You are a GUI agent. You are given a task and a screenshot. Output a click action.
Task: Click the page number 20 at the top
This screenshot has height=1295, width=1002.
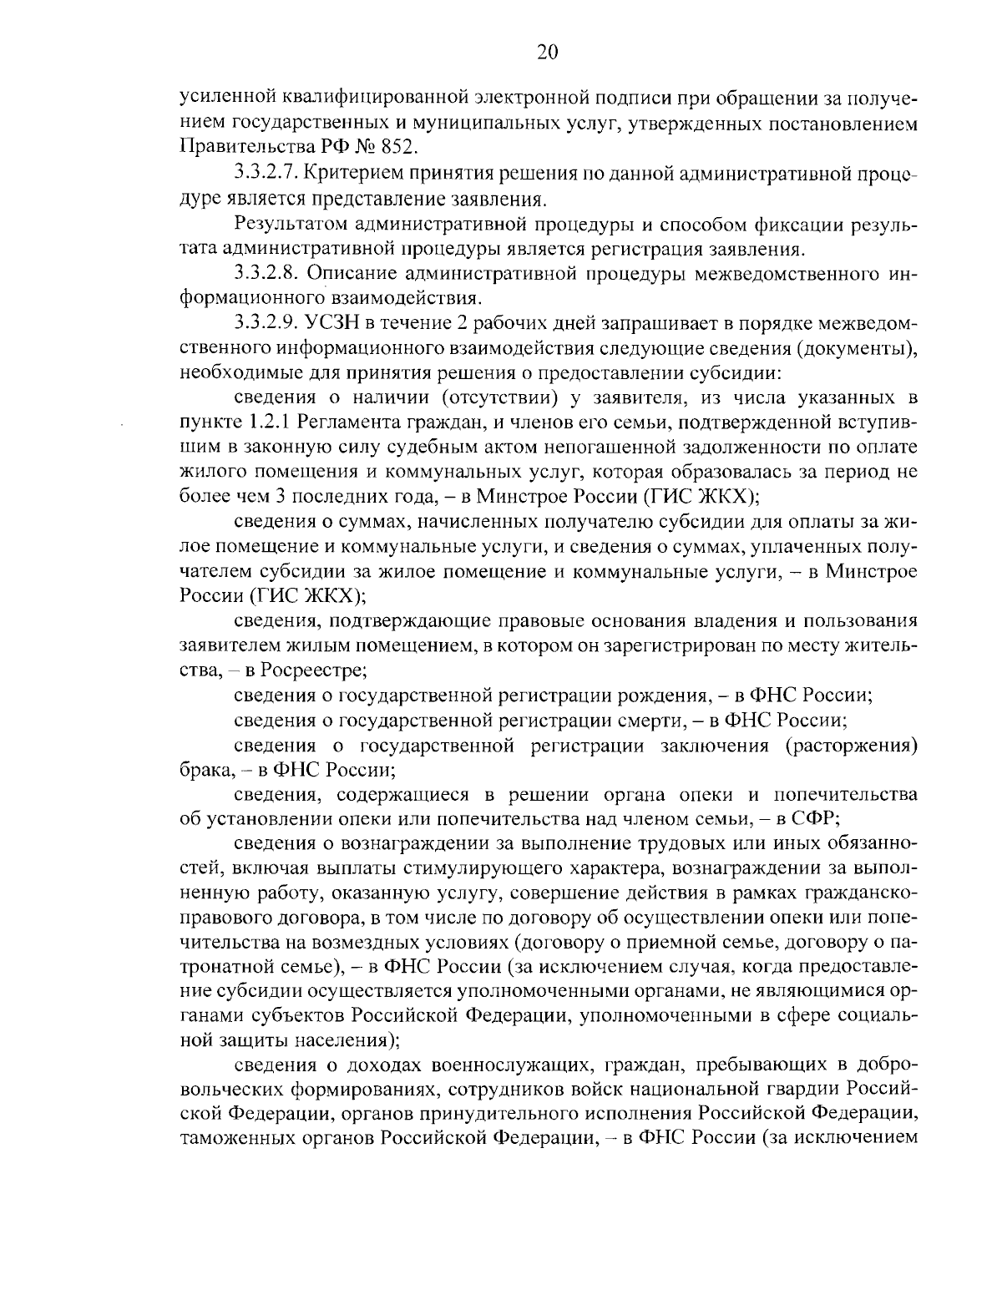[x=547, y=53]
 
